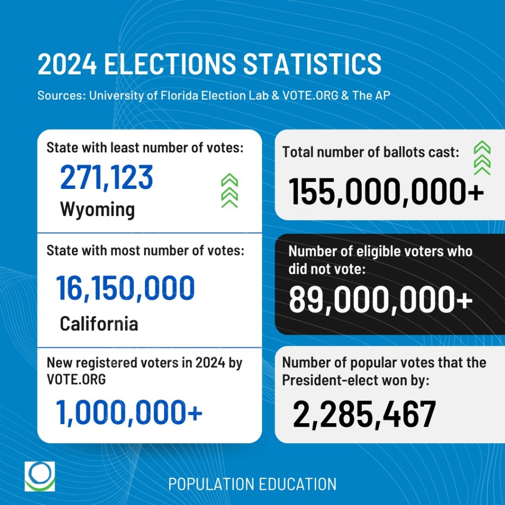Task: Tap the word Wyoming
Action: pyautogui.click(x=97, y=210)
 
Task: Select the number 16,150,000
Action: pyautogui.click(x=125, y=289)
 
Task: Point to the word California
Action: pyautogui.click(x=99, y=324)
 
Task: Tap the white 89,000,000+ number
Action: pyautogui.click(x=380, y=299)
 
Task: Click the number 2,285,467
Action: pyautogui.click(x=364, y=414)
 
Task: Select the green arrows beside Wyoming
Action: pyautogui.click(x=229, y=191)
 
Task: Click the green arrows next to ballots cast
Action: pyautogui.click(x=481, y=158)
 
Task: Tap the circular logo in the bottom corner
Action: pyautogui.click(x=40, y=476)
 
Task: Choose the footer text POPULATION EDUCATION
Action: pyautogui.click(x=252, y=484)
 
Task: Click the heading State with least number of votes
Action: pyautogui.click(x=145, y=147)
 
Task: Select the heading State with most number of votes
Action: pyautogui.click(x=145, y=251)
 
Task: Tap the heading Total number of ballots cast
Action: pyautogui.click(x=370, y=152)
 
